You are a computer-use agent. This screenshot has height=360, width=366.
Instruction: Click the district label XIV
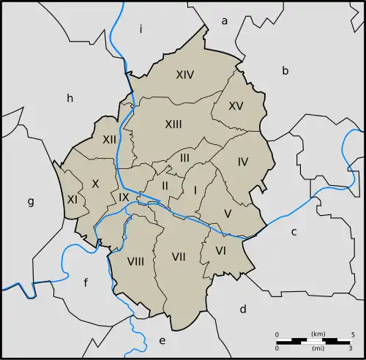pyautogui.click(x=184, y=75)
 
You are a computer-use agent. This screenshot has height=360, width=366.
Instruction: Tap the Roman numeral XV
pyautogui.click(x=236, y=106)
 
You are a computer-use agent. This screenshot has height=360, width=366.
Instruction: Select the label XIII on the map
pyautogui.click(x=173, y=124)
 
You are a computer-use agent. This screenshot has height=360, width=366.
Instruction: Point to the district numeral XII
pyautogui.click(x=110, y=139)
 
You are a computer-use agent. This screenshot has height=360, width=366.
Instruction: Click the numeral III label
pyautogui.click(x=184, y=157)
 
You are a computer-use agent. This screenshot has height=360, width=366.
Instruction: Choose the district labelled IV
pyautogui.click(x=243, y=162)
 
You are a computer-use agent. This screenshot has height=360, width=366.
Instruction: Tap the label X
pyautogui.click(x=94, y=184)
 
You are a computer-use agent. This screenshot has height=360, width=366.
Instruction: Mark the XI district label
pyautogui.click(x=72, y=199)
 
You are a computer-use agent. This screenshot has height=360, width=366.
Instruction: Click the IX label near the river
pyautogui.click(x=124, y=198)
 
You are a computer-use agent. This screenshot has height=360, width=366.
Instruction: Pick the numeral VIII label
pyautogui.click(x=135, y=261)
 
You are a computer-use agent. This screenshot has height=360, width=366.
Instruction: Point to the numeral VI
pyautogui.click(x=220, y=251)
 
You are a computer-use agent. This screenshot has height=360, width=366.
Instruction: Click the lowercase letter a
pyautogui.click(x=225, y=21)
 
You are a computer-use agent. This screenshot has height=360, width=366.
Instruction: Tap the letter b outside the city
pyautogui.click(x=285, y=70)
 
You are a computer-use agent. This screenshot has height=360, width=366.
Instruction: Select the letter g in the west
pyautogui.click(x=31, y=202)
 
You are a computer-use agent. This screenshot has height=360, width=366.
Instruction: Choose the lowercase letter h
pyautogui.click(x=70, y=98)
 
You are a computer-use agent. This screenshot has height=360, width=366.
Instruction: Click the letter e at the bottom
pyautogui.click(x=163, y=340)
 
